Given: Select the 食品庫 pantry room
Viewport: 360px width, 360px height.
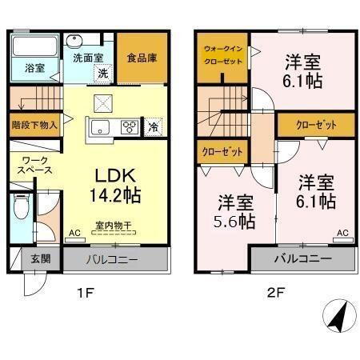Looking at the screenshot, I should [142, 58].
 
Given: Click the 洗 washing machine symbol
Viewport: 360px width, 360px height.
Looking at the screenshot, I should [103, 73].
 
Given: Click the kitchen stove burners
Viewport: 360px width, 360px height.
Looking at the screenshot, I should [129, 126].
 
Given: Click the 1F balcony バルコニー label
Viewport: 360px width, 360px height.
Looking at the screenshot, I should [116, 259].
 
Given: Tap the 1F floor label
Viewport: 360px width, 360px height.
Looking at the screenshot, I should [85, 294].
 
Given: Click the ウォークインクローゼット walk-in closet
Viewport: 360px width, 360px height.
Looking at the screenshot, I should [222, 56].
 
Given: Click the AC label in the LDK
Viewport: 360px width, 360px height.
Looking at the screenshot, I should [73, 234].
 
